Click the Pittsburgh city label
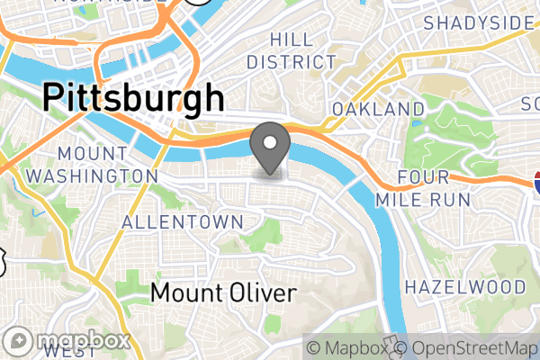[133, 96]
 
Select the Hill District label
[291, 51]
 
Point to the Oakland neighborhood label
[378, 109]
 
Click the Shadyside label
[476, 22]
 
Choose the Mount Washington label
[91, 164]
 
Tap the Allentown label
[183, 222]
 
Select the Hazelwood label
[465, 287]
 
